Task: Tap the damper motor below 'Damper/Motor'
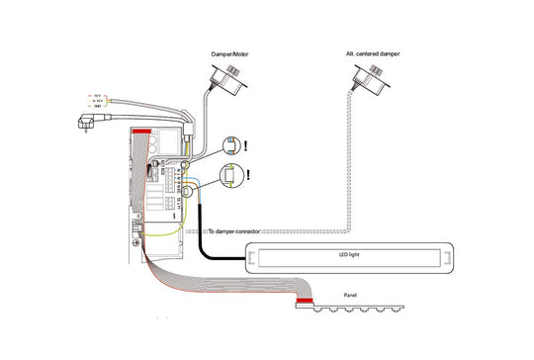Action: click(230, 76)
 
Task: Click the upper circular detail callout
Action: click(231, 145)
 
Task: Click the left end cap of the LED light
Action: click(252, 259)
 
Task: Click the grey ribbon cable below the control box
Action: click(198, 281)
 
